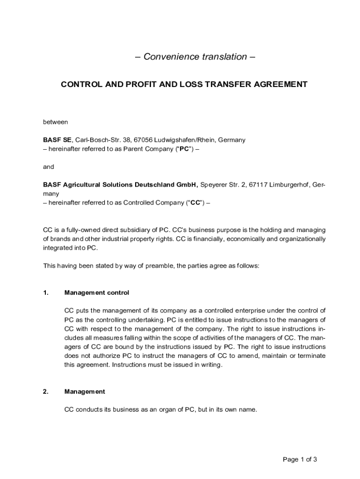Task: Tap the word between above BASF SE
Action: pyautogui.click(x=56, y=122)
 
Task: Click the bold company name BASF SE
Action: pyautogui.click(x=58, y=140)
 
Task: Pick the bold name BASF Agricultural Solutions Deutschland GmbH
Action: pyautogui.click(x=121, y=185)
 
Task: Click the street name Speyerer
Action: pyautogui.click(x=214, y=185)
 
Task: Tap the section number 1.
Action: pyautogui.click(x=45, y=293)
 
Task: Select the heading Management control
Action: pyautogui.click(x=96, y=293)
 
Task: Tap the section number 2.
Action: pyautogui.click(x=45, y=392)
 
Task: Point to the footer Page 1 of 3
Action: pyautogui.click(x=300, y=459)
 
